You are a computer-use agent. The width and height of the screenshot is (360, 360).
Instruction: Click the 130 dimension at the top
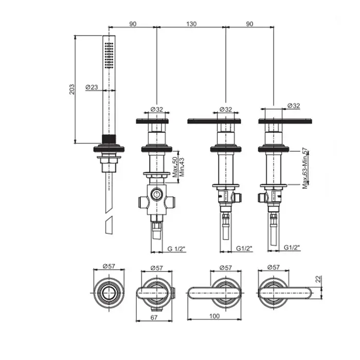(x=191, y=24)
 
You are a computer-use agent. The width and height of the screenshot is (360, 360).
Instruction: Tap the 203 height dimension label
(x=72, y=89)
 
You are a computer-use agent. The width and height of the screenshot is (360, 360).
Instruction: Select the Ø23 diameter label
(x=92, y=87)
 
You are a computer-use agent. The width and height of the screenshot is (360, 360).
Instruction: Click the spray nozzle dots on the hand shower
(x=109, y=56)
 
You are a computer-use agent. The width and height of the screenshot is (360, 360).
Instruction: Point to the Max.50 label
(x=175, y=167)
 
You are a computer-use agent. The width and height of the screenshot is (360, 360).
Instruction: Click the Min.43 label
(x=182, y=167)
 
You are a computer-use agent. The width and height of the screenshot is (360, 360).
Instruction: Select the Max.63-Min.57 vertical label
(x=305, y=168)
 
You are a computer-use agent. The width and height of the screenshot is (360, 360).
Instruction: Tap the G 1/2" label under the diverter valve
(x=176, y=248)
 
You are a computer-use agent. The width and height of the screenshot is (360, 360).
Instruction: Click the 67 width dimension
(x=154, y=317)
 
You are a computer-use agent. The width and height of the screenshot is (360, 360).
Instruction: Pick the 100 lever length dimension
(x=214, y=316)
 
